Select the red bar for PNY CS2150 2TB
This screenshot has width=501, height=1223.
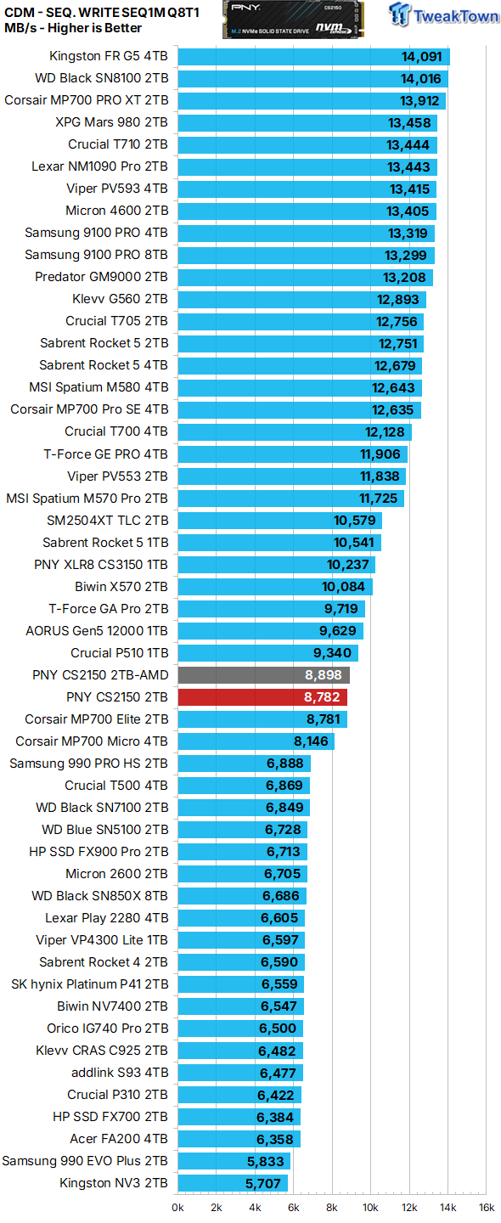262,697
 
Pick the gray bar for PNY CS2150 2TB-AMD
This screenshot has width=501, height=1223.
263,675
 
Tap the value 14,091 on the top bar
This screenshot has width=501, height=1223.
422,57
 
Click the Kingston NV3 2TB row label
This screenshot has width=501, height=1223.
114,1183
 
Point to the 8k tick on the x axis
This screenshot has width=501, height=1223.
332,1207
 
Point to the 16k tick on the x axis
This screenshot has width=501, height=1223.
487,1207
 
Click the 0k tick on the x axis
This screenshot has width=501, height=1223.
178,1207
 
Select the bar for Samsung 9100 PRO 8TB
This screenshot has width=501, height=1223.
306,256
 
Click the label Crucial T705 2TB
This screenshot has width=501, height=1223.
117,322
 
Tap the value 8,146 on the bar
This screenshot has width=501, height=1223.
311,741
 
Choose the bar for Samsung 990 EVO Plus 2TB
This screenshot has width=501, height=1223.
234,1161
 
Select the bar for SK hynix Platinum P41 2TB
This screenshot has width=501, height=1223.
240,984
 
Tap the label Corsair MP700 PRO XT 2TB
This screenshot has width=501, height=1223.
87,101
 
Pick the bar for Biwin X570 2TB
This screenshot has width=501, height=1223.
275,587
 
